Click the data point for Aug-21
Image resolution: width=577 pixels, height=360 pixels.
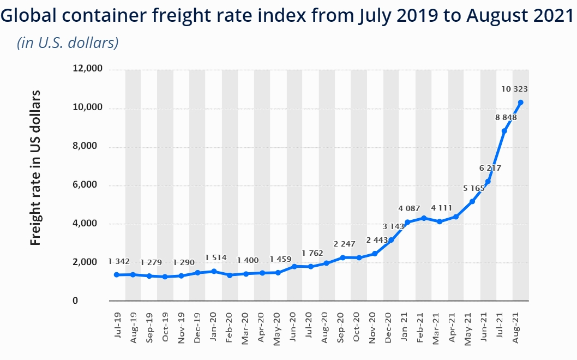coord(521,103)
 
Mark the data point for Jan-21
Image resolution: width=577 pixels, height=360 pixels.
coord(407,222)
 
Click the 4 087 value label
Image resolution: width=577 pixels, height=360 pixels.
coord(409,208)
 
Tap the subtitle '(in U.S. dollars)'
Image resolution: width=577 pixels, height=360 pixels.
coord(68,43)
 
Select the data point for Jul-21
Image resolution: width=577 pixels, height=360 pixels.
coord(504,131)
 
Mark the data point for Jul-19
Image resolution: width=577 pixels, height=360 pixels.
coord(117,275)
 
